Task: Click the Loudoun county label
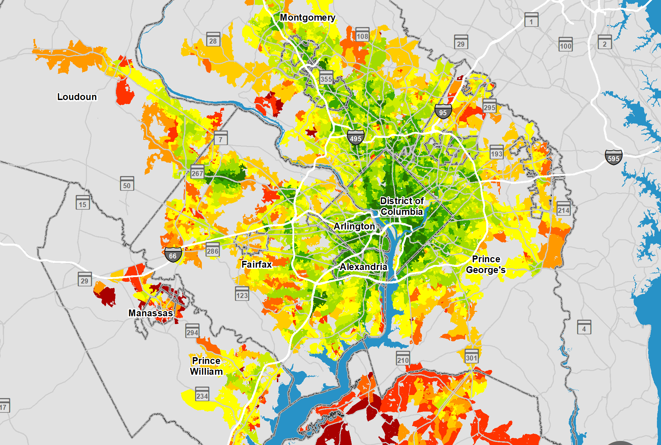coord(77,97)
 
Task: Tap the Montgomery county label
coord(307,17)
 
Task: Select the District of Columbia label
coord(402,206)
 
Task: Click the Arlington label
coord(354,226)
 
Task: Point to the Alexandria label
coord(363,267)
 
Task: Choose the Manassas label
coord(151,313)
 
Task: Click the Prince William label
coord(206,366)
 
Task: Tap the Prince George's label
coord(486,265)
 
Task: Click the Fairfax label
coord(257,265)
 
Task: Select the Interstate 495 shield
coord(356,138)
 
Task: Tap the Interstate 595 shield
coord(613,157)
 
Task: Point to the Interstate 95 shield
coord(443,112)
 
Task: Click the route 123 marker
coord(242,294)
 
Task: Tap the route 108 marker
coord(362,35)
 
